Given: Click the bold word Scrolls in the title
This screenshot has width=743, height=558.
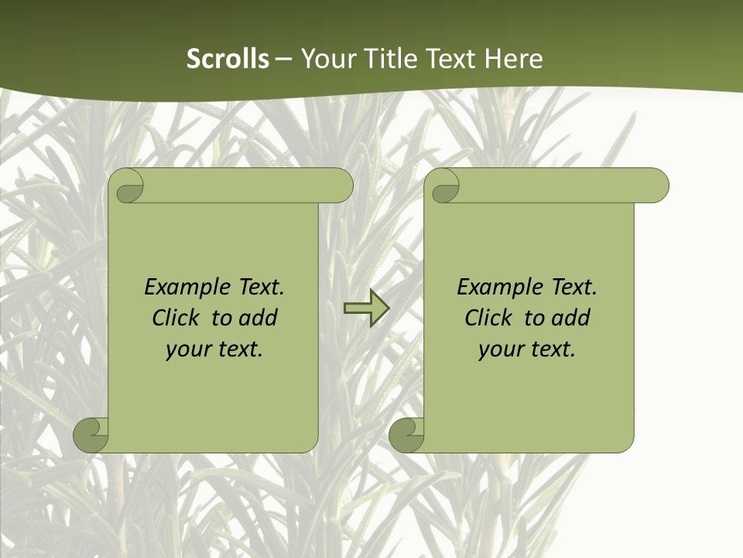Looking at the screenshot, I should coord(228,59).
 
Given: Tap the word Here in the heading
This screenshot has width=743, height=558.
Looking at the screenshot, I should coord(513,59).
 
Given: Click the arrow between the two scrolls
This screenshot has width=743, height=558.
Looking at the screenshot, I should coord(366,308).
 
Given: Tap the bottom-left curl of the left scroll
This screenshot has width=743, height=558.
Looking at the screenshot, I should coord(91,436).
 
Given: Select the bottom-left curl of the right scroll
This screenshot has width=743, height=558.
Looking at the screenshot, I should coord(407,436).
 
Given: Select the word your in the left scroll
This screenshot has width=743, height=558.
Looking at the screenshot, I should coord(188,350).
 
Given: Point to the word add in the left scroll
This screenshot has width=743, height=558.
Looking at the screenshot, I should coord(258,318).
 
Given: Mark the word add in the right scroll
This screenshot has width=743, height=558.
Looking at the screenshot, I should coord(570,318).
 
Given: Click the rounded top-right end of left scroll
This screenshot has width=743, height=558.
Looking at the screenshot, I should coord(341,186).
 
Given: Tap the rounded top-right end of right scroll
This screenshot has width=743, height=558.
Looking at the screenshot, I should coord(656,186).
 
